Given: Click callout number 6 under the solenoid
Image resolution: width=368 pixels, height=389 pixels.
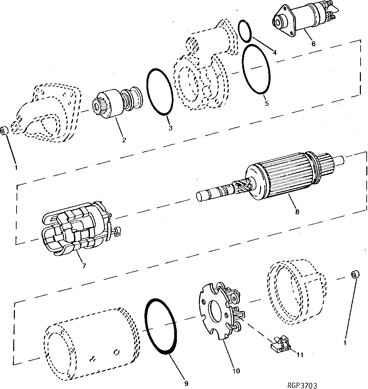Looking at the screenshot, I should pyautogui.click(x=313, y=44).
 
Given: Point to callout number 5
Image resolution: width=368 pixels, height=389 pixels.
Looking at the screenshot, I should pyautogui.click(x=267, y=104).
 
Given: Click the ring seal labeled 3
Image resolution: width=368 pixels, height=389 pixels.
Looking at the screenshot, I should pyautogui.click(x=160, y=92).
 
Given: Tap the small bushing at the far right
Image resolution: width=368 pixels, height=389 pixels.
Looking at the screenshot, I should pyautogui.click(x=354, y=275).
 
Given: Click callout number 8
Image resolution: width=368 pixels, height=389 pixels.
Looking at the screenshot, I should pyautogui.click(x=297, y=212).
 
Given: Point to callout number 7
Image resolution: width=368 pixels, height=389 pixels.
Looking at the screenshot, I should pyautogui.click(x=84, y=266).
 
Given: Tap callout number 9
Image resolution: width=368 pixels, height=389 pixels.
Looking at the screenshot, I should pyautogui.click(x=186, y=383).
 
